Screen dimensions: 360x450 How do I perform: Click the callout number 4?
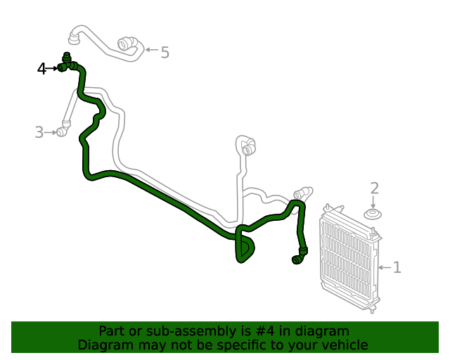coord(42,69)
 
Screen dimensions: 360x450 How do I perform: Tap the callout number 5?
coord(165,52)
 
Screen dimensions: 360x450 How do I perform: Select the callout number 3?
coord(39,131)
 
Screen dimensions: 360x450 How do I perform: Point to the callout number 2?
coord(374,188)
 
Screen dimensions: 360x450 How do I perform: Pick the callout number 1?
coord(397,267)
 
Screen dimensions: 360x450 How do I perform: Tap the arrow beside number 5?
coord(150,51)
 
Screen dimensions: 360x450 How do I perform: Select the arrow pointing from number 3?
coord(50,131)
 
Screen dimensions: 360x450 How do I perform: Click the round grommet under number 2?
coord(373,213)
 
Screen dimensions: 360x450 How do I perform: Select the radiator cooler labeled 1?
coord(349,260)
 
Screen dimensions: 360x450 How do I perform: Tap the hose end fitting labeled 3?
coord(62,131)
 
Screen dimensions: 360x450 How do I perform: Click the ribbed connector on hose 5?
coord(127,44)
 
